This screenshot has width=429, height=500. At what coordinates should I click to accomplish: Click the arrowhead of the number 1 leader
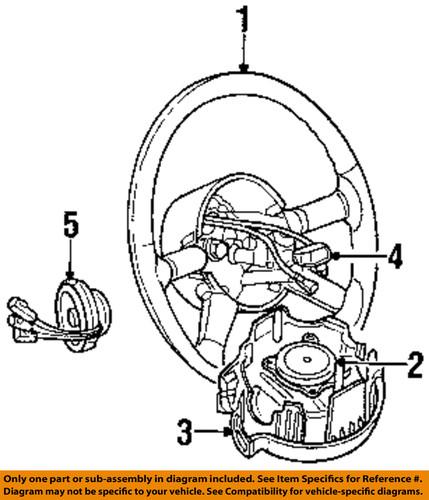point(243,68)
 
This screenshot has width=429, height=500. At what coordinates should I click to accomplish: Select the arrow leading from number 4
point(340,257)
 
